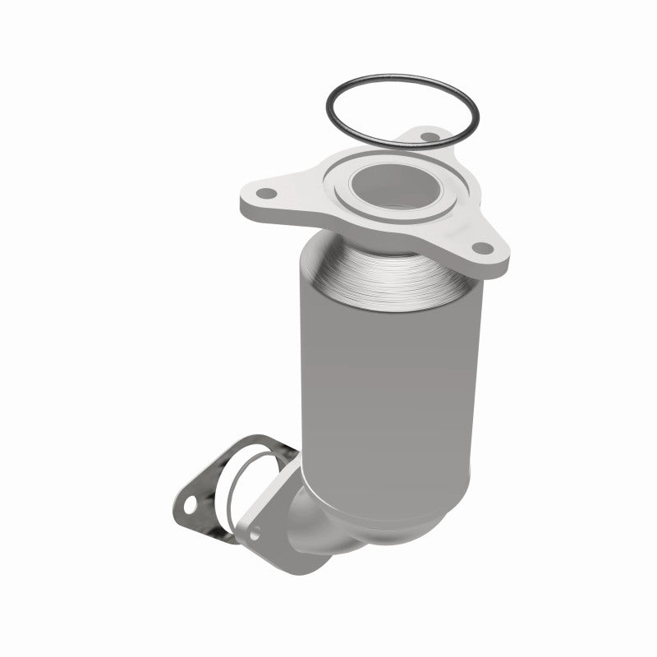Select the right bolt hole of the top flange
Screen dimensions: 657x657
(482, 247)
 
